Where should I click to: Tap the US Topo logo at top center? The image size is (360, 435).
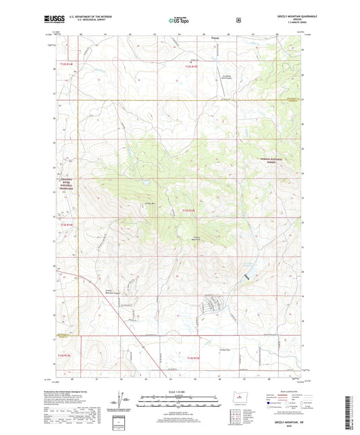tap(179, 21)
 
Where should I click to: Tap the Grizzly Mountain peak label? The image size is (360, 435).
tap(198, 237)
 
